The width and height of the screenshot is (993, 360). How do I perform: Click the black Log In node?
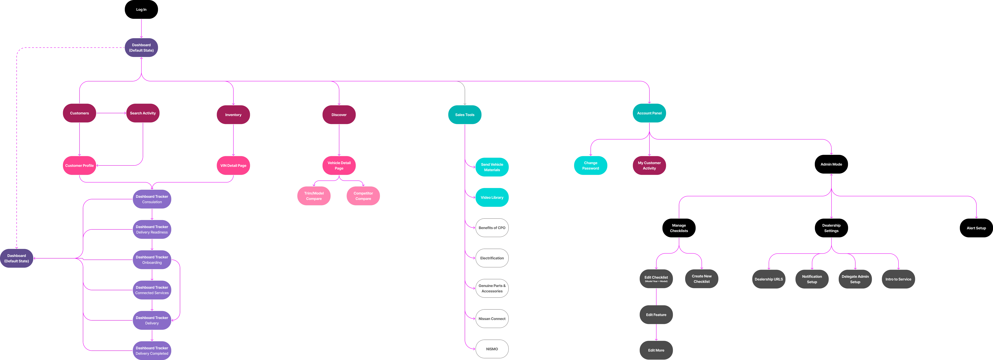(141, 9)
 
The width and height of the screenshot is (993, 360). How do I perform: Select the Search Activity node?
(143, 113)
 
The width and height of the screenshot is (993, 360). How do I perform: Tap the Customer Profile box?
(79, 165)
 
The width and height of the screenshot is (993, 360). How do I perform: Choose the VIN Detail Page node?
(233, 165)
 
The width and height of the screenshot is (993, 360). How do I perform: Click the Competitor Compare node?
(363, 196)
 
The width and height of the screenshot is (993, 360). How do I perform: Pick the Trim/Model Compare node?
(314, 196)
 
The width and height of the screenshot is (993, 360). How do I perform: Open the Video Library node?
(492, 197)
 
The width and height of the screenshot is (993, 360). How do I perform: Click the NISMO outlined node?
(492, 349)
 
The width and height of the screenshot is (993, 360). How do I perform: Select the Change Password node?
(591, 165)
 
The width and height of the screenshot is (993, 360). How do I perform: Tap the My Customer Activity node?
(649, 165)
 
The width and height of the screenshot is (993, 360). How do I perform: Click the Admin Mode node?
(831, 164)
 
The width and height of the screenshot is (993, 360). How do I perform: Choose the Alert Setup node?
(976, 228)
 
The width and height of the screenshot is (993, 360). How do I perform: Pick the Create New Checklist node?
(702, 279)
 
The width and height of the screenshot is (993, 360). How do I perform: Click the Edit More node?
(656, 350)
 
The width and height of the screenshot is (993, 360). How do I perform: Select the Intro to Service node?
(898, 279)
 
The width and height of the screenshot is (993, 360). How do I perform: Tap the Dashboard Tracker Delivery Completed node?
(152, 350)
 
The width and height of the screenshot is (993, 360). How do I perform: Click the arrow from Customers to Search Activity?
(111, 113)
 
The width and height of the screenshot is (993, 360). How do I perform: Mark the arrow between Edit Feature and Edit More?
(656, 332)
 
